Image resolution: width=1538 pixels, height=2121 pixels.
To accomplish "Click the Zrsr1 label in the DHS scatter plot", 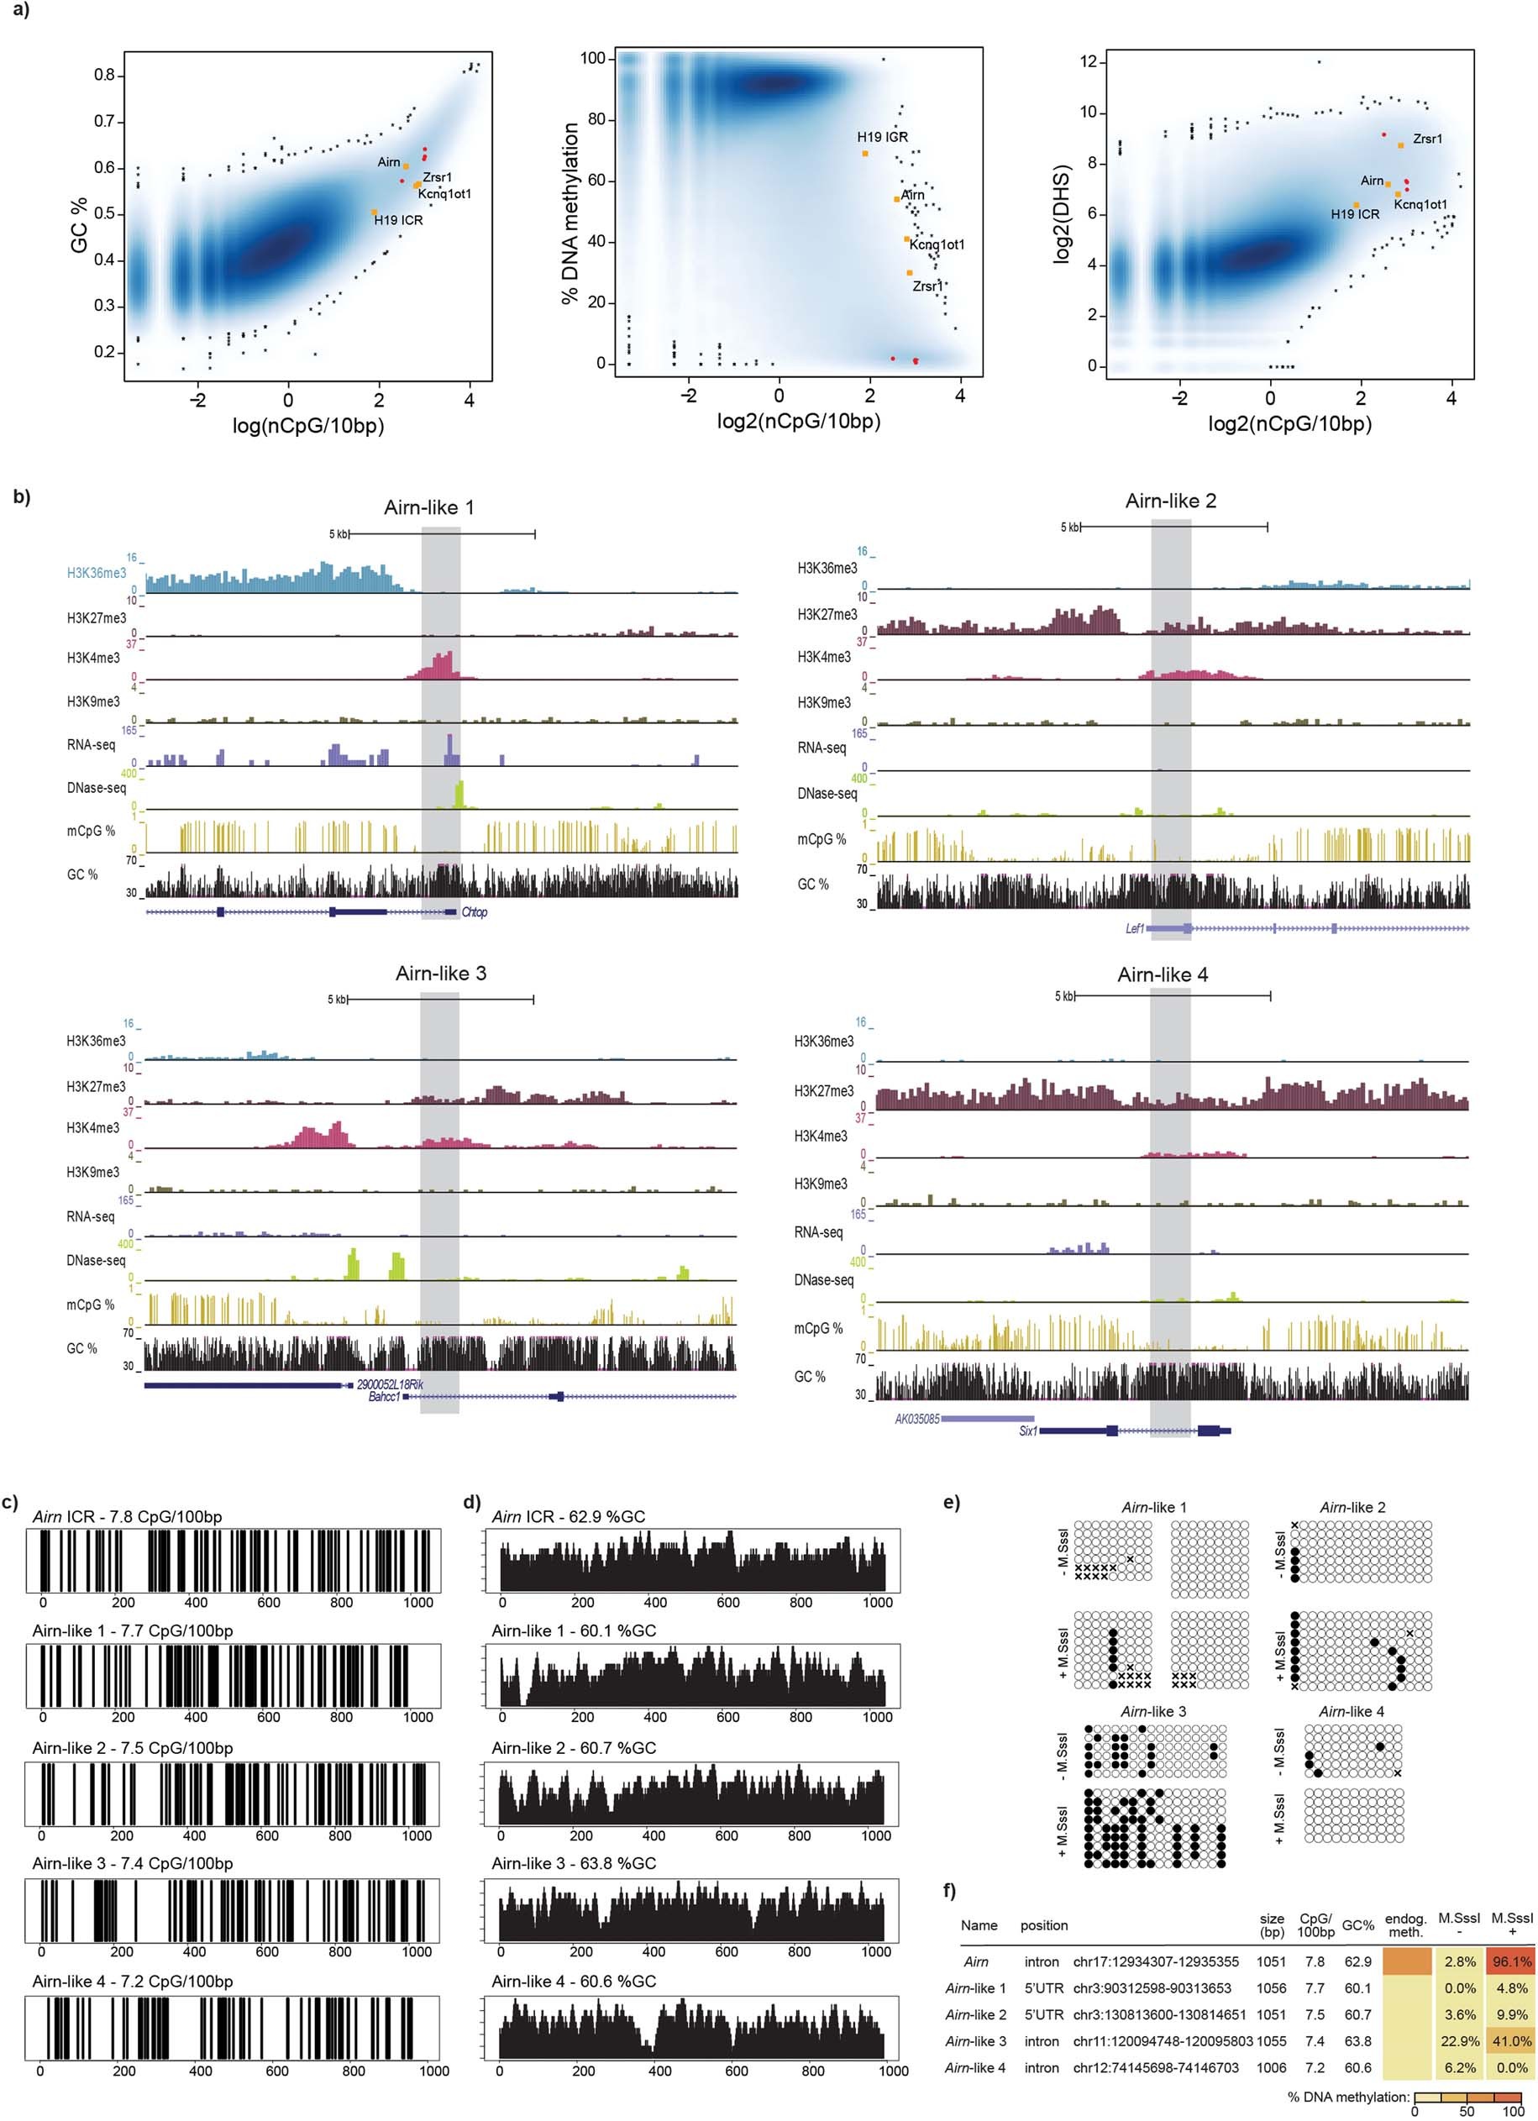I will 1427,139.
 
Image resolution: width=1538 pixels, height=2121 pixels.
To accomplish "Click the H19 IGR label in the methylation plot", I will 883,137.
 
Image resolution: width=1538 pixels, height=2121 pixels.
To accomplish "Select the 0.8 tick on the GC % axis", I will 104,75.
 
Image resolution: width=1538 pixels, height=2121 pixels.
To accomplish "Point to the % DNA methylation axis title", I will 570,214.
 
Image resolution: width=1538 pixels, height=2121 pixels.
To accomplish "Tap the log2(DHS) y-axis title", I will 1060,214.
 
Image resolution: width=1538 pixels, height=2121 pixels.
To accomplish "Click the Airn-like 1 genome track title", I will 428,508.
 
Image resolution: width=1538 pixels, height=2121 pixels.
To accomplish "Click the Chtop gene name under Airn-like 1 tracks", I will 474,911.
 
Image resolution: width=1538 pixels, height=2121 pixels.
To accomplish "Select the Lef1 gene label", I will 1135,929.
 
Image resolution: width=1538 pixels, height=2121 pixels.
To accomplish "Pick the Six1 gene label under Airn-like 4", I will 1027,1431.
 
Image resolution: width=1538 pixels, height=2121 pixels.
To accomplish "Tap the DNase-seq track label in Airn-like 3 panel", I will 92,1261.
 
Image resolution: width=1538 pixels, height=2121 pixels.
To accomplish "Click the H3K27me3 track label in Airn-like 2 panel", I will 827,614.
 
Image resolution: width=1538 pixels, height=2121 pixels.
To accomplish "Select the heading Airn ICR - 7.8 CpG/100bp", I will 127,1517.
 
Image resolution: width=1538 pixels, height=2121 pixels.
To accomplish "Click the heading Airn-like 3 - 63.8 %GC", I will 573,1864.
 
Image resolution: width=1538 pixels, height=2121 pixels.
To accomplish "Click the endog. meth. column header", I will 1405,1924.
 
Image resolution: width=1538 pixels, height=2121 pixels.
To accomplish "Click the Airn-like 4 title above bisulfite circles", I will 1351,1711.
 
